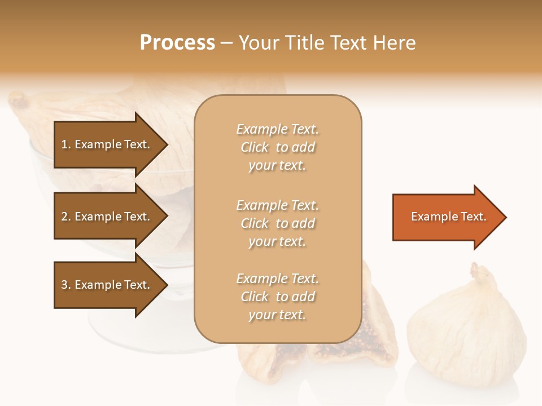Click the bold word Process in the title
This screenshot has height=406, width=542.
pyautogui.click(x=177, y=43)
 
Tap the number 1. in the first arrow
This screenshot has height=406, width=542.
pyautogui.click(x=66, y=144)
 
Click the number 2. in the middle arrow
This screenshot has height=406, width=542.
pyautogui.click(x=66, y=217)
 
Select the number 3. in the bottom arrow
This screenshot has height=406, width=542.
pyautogui.click(x=66, y=285)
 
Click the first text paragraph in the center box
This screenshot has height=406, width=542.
pyautogui.click(x=277, y=147)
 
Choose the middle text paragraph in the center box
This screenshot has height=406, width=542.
pyautogui.click(x=277, y=223)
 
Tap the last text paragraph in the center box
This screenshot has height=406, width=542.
pyautogui.click(x=277, y=297)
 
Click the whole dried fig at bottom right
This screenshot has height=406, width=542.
pyautogui.click(x=466, y=333)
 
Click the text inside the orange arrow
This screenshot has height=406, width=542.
pyautogui.click(x=448, y=217)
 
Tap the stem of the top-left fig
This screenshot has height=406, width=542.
pyautogui.click(x=19, y=101)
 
